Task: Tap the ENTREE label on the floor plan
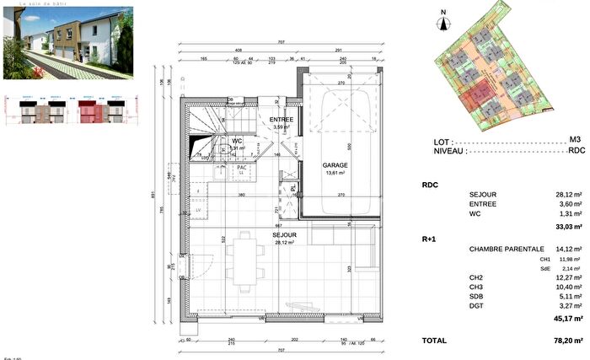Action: tap(282, 120)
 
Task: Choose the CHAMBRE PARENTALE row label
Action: tap(506, 250)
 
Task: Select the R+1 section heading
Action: tap(429, 239)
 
